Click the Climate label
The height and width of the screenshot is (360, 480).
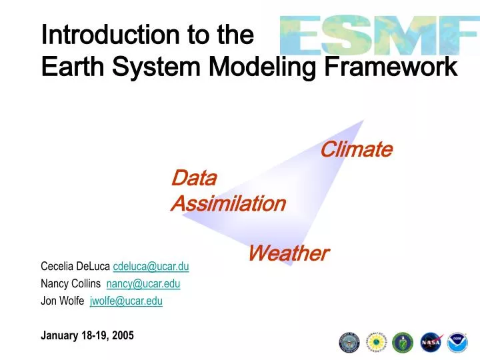(356, 149)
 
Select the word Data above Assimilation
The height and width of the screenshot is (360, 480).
(194, 178)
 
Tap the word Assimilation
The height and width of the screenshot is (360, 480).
(228, 203)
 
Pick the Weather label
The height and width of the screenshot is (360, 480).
(288, 253)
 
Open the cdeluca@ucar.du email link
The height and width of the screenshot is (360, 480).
(151, 267)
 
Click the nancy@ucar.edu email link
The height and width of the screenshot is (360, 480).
(143, 283)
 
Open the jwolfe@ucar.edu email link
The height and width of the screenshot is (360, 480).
(126, 301)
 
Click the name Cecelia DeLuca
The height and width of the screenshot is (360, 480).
(75, 267)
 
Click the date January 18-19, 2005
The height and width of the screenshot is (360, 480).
(87, 336)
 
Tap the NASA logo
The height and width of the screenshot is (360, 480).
(431, 342)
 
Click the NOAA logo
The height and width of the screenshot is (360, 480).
(457, 342)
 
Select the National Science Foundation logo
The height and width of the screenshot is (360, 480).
(377, 342)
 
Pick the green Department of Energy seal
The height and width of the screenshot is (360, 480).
(403, 342)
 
